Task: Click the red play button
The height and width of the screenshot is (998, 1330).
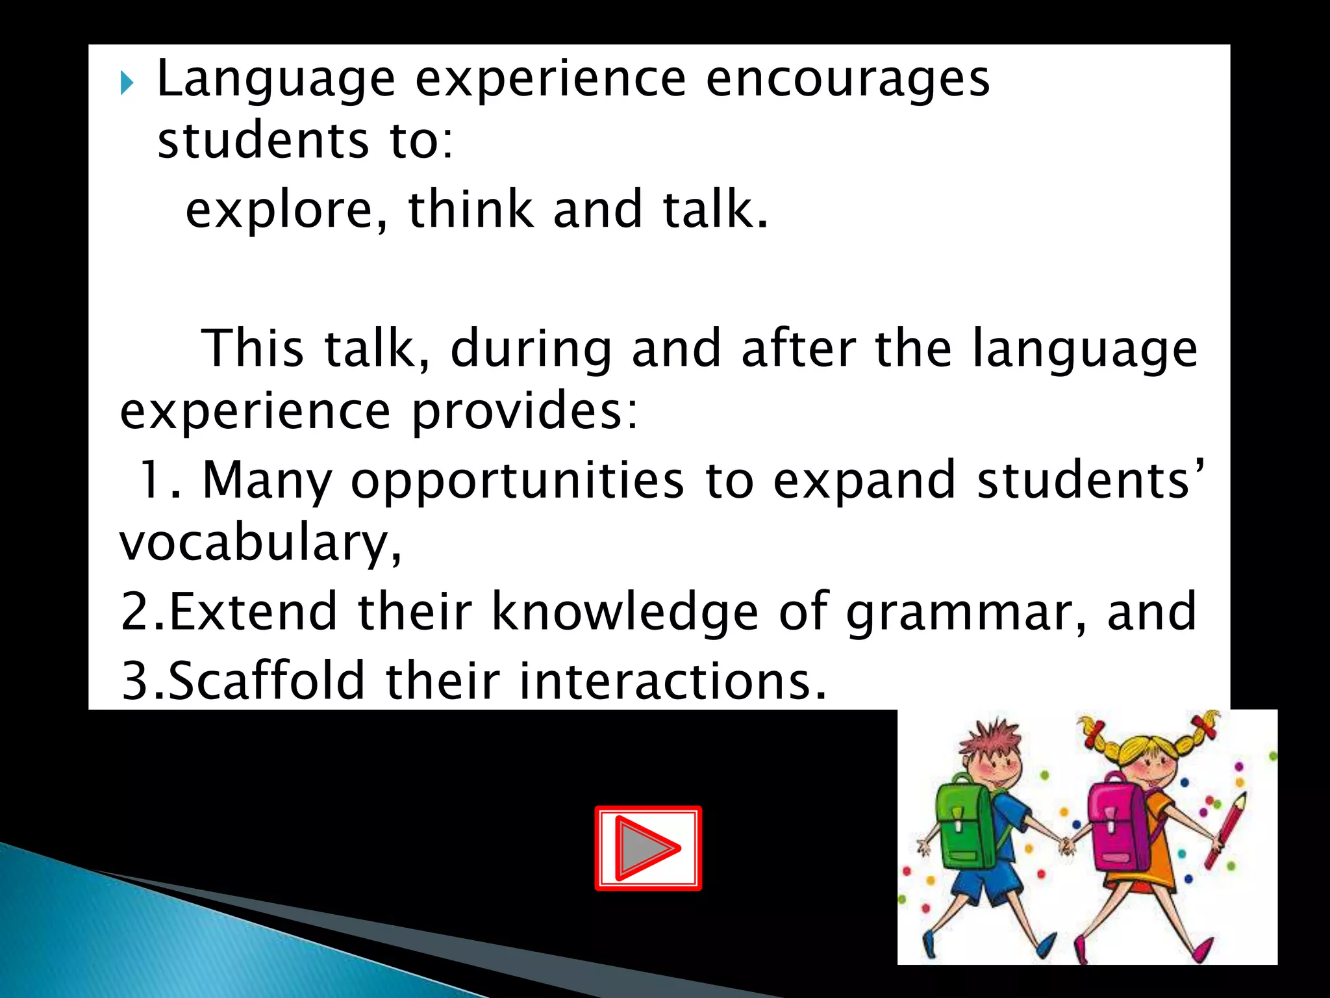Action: click(648, 848)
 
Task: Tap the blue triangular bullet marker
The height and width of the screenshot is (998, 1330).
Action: click(127, 84)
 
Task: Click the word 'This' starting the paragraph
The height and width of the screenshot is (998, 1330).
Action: click(253, 348)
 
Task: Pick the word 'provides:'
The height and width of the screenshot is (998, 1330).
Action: click(525, 412)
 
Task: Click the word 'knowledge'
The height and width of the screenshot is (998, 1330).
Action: click(625, 613)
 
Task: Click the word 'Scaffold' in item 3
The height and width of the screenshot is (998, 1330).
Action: click(266, 680)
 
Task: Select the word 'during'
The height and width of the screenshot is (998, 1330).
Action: click(531, 350)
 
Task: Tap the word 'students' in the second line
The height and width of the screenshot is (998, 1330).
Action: click(263, 141)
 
